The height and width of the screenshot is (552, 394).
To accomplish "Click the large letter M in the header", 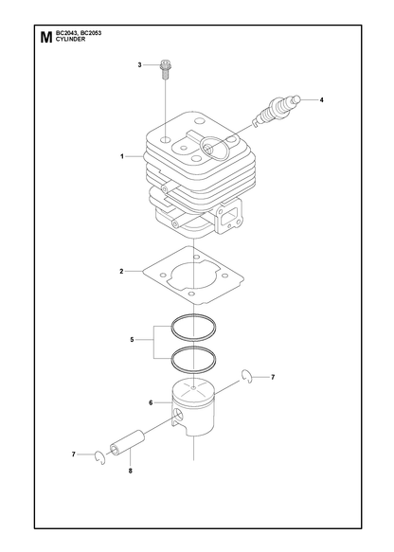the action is [x=45, y=37].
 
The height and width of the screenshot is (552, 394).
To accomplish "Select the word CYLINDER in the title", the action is [x=70, y=40].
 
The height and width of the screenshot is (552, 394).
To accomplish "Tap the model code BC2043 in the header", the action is [x=66, y=33].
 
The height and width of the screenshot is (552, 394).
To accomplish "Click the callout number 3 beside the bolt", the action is [x=139, y=64].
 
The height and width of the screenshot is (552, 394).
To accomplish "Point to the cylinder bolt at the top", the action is [x=164, y=69].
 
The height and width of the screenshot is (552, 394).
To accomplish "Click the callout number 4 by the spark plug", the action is [x=321, y=100].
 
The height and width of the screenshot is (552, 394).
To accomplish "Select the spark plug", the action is [x=278, y=110].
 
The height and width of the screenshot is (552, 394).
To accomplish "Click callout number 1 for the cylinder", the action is [x=122, y=156].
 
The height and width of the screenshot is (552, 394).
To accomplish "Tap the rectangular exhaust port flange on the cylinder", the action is [x=230, y=217].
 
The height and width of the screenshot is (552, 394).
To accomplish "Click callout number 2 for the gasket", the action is [x=121, y=272].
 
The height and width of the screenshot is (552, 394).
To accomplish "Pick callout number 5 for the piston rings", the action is [x=132, y=340].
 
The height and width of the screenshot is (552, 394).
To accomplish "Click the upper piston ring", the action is [x=193, y=327].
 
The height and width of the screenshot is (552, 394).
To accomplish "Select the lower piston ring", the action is [x=193, y=359].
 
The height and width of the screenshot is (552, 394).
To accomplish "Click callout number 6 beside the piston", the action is [x=151, y=402].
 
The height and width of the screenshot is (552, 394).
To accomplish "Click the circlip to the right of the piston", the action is [x=248, y=377].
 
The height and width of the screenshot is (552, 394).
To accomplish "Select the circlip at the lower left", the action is [x=100, y=457].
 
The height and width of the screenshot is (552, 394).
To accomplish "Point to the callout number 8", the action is [x=131, y=471].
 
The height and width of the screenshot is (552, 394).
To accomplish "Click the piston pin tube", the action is [x=127, y=443].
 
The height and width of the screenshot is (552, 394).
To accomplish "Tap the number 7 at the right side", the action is [x=273, y=378].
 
